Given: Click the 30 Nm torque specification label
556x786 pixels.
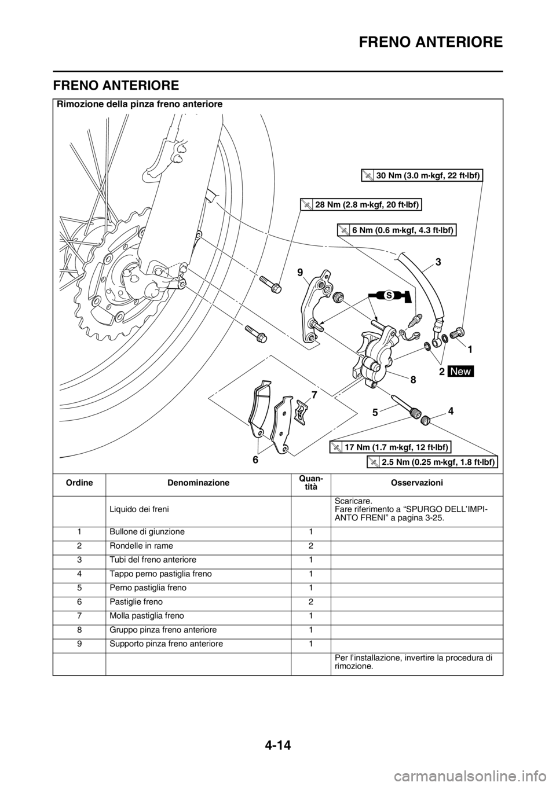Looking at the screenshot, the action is click(422, 175).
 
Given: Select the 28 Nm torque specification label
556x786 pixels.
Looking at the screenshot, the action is click(361, 204).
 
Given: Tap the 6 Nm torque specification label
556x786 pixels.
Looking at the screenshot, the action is click(397, 230).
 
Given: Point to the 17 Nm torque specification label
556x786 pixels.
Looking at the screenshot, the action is click(390, 447).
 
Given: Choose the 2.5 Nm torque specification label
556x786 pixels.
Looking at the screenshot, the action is click(433, 462).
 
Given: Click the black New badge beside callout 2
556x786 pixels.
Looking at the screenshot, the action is click(461, 371).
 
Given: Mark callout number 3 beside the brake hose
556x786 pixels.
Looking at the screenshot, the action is click(438, 262).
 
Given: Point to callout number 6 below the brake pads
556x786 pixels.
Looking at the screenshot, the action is click(255, 459).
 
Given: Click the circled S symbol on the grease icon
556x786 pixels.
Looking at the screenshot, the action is click(389, 295).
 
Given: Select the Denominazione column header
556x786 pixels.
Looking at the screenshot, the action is click(198, 483).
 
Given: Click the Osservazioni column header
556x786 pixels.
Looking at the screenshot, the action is click(416, 483).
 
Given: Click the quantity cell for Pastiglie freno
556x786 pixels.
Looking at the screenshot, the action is click(310, 602).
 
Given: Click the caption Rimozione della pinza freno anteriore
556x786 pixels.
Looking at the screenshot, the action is click(140, 104).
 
